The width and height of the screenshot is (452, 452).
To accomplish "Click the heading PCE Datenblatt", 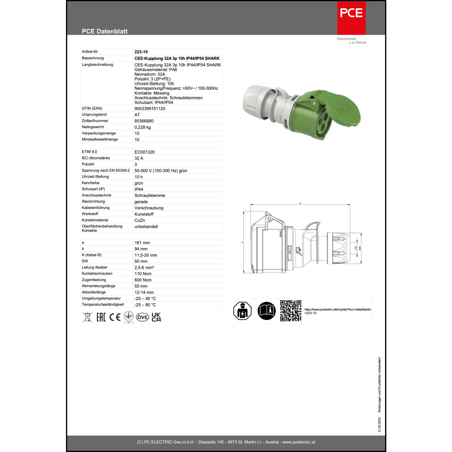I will pyautogui.click(x=105, y=31).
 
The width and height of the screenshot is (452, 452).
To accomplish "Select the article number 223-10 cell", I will pyautogui.click(x=141, y=52).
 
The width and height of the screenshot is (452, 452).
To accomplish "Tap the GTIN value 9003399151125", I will pyautogui.click(x=150, y=108).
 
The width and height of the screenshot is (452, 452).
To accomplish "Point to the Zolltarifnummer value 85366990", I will pyautogui.click(x=144, y=121).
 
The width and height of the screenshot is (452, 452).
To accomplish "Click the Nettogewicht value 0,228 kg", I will pyautogui.click(x=143, y=127).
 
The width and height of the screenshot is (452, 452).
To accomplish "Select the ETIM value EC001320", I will pyautogui.click(x=144, y=152).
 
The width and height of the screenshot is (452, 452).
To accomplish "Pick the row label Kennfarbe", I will pyautogui.click(x=90, y=183).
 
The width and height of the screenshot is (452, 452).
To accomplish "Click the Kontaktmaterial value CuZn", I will pyautogui.click(x=140, y=220).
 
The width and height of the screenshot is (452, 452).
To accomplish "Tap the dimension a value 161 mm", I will pyautogui.click(x=142, y=243).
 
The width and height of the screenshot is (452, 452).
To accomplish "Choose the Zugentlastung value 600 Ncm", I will pyautogui.click(x=143, y=280).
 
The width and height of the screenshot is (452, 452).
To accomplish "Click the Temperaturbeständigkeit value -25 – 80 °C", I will pyautogui.click(x=145, y=305).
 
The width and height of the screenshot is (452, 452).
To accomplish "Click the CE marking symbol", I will pyautogui.click(x=115, y=317).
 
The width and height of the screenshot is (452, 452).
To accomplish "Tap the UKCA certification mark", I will pyautogui.click(x=156, y=317).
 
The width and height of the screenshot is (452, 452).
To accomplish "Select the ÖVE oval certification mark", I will pyautogui.click(x=142, y=317).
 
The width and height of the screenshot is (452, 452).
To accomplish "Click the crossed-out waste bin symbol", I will pyautogui.click(x=87, y=317).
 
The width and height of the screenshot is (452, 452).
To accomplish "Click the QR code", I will pyautogui.click(x=290, y=311).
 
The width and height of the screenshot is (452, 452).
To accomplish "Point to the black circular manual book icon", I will pyautogui.click(x=266, y=311).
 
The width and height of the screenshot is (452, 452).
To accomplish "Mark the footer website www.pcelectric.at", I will pyautogui.click(x=299, y=442).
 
